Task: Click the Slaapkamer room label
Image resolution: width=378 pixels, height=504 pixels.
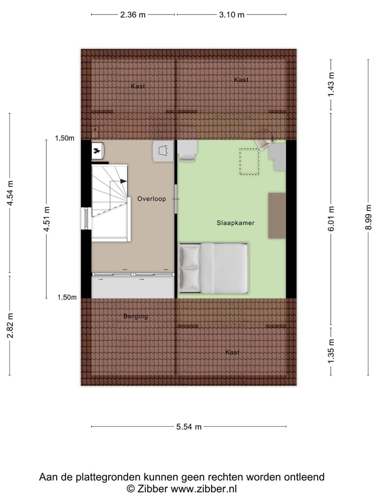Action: click(x=236, y=223)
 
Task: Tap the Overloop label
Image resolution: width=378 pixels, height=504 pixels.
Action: click(x=151, y=199)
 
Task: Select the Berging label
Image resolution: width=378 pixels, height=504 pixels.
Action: click(x=135, y=317)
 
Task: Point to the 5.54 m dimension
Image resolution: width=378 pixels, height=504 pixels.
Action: click(x=189, y=427)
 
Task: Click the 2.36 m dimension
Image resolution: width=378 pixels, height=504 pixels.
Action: click(x=132, y=15)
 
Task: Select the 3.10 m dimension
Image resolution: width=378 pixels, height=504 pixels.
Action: click(x=232, y=15)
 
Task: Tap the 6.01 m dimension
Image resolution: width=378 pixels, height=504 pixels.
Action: click(x=331, y=217)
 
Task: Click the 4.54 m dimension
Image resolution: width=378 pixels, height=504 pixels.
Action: click(x=10, y=193)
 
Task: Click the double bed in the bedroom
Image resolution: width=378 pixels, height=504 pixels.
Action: click(x=213, y=268)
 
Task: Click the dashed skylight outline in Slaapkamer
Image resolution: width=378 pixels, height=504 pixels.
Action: click(x=249, y=162)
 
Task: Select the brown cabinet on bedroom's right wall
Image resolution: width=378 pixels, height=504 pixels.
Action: click(x=277, y=215)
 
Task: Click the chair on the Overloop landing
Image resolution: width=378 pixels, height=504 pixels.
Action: click(x=163, y=151)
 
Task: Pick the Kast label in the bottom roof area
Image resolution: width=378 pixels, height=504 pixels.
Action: click(x=232, y=352)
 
